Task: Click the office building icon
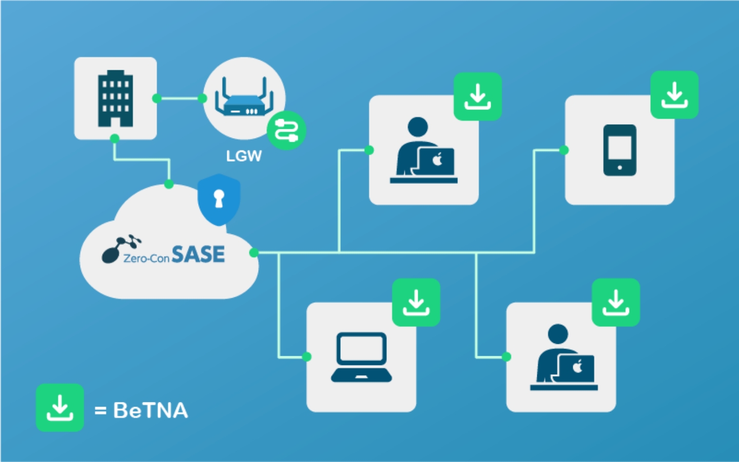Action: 115,98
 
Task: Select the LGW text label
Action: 244,156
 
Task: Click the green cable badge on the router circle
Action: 286,130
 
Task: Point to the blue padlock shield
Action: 219,199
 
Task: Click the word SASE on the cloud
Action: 198,254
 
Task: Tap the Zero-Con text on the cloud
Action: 146,258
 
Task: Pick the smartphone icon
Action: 619,150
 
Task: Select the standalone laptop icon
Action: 361,357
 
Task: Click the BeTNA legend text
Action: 150,411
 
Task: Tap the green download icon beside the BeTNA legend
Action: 60,408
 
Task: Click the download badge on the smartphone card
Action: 674,95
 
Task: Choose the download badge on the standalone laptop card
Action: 416,302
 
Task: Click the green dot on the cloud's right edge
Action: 254,252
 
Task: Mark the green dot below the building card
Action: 115,138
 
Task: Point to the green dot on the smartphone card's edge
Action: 564,150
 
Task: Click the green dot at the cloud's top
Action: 169,184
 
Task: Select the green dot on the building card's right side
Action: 157,98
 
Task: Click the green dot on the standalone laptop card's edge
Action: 307,357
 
